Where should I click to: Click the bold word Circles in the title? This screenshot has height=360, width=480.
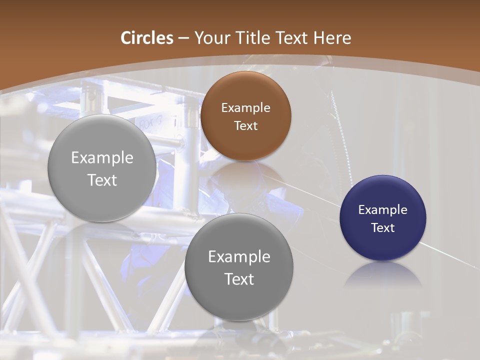pyautogui.click(x=147, y=38)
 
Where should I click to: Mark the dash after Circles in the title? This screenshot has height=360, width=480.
pyautogui.click(x=183, y=38)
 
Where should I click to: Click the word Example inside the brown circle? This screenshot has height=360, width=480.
pyautogui.click(x=245, y=107)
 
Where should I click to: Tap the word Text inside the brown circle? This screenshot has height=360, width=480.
pyautogui.click(x=245, y=125)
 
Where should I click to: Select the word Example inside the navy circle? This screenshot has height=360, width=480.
pyautogui.click(x=382, y=209)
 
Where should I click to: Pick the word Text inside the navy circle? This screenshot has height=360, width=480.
pyautogui.click(x=382, y=227)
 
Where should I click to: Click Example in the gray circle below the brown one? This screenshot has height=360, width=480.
pyautogui.click(x=239, y=256)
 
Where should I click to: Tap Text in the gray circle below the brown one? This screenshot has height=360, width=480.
pyautogui.click(x=239, y=279)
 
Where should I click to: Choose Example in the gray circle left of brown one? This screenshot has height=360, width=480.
pyautogui.click(x=102, y=157)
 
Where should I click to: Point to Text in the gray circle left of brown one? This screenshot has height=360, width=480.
pyautogui.click(x=102, y=180)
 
